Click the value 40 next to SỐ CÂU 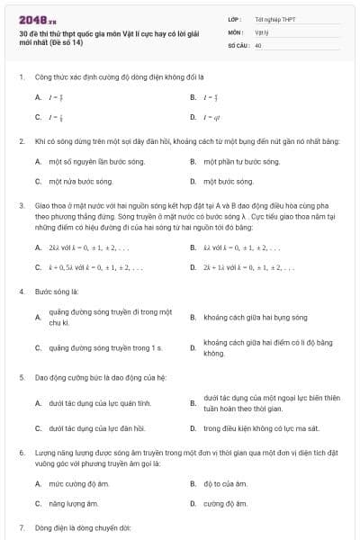258,44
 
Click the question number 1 21,77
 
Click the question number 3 21,204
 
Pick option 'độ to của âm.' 229,483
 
